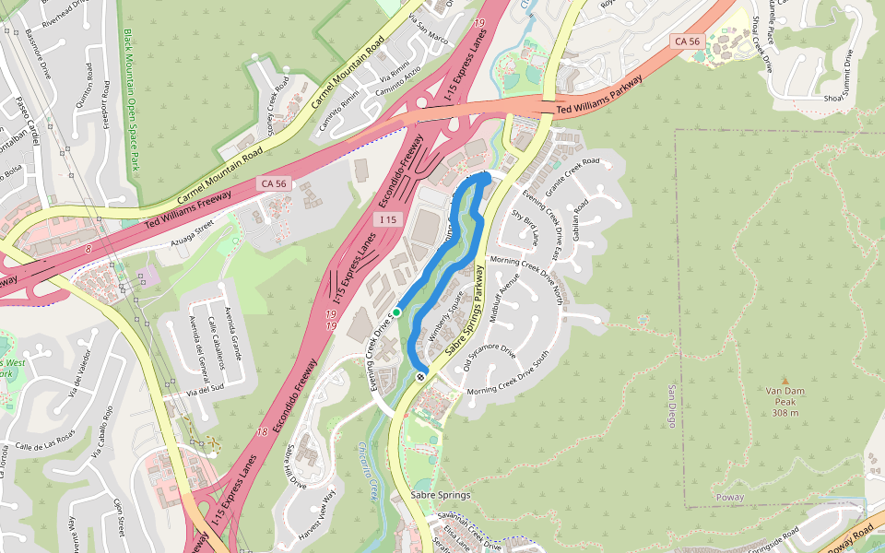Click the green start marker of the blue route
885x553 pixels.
[x=397, y=313]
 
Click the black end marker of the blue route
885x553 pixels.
[x=421, y=375]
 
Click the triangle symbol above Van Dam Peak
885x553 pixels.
[x=785, y=380]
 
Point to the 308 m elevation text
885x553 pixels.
[x=785, y=413]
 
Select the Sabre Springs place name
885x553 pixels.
[x=440, y=495]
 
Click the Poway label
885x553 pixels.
[x=729, y=498]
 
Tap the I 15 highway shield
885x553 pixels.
[x=387, y=219]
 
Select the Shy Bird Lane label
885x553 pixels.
[x=525, y=227]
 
